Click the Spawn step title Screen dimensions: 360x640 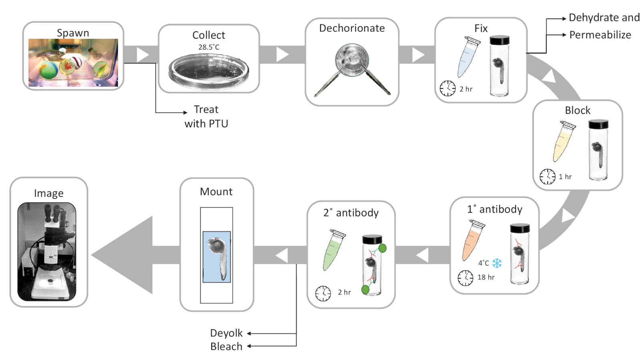click(73, 33)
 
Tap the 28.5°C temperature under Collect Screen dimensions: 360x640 click(209, 47)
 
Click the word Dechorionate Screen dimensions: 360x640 click(352, 28)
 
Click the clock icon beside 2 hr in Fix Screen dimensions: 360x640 click(448, 88)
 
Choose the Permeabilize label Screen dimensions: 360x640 click(600, 35)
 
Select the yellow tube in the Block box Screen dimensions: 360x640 click(564, 142)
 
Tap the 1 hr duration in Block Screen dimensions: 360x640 click(565, 177)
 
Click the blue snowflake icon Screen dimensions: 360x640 click(497, 263)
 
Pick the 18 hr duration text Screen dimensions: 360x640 click(486, 277)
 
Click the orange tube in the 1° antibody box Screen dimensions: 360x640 click(472, 240)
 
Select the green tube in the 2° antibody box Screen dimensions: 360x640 click(333, 250)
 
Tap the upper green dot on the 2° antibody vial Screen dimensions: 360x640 click(382, 248)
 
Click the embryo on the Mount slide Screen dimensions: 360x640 click(218, 256)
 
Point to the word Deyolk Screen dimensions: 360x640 click(226, 333)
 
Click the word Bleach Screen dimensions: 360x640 click(226, 346)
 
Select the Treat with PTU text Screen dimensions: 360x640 click(206, 116)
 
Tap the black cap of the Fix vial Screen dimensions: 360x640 click(500, 40)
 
